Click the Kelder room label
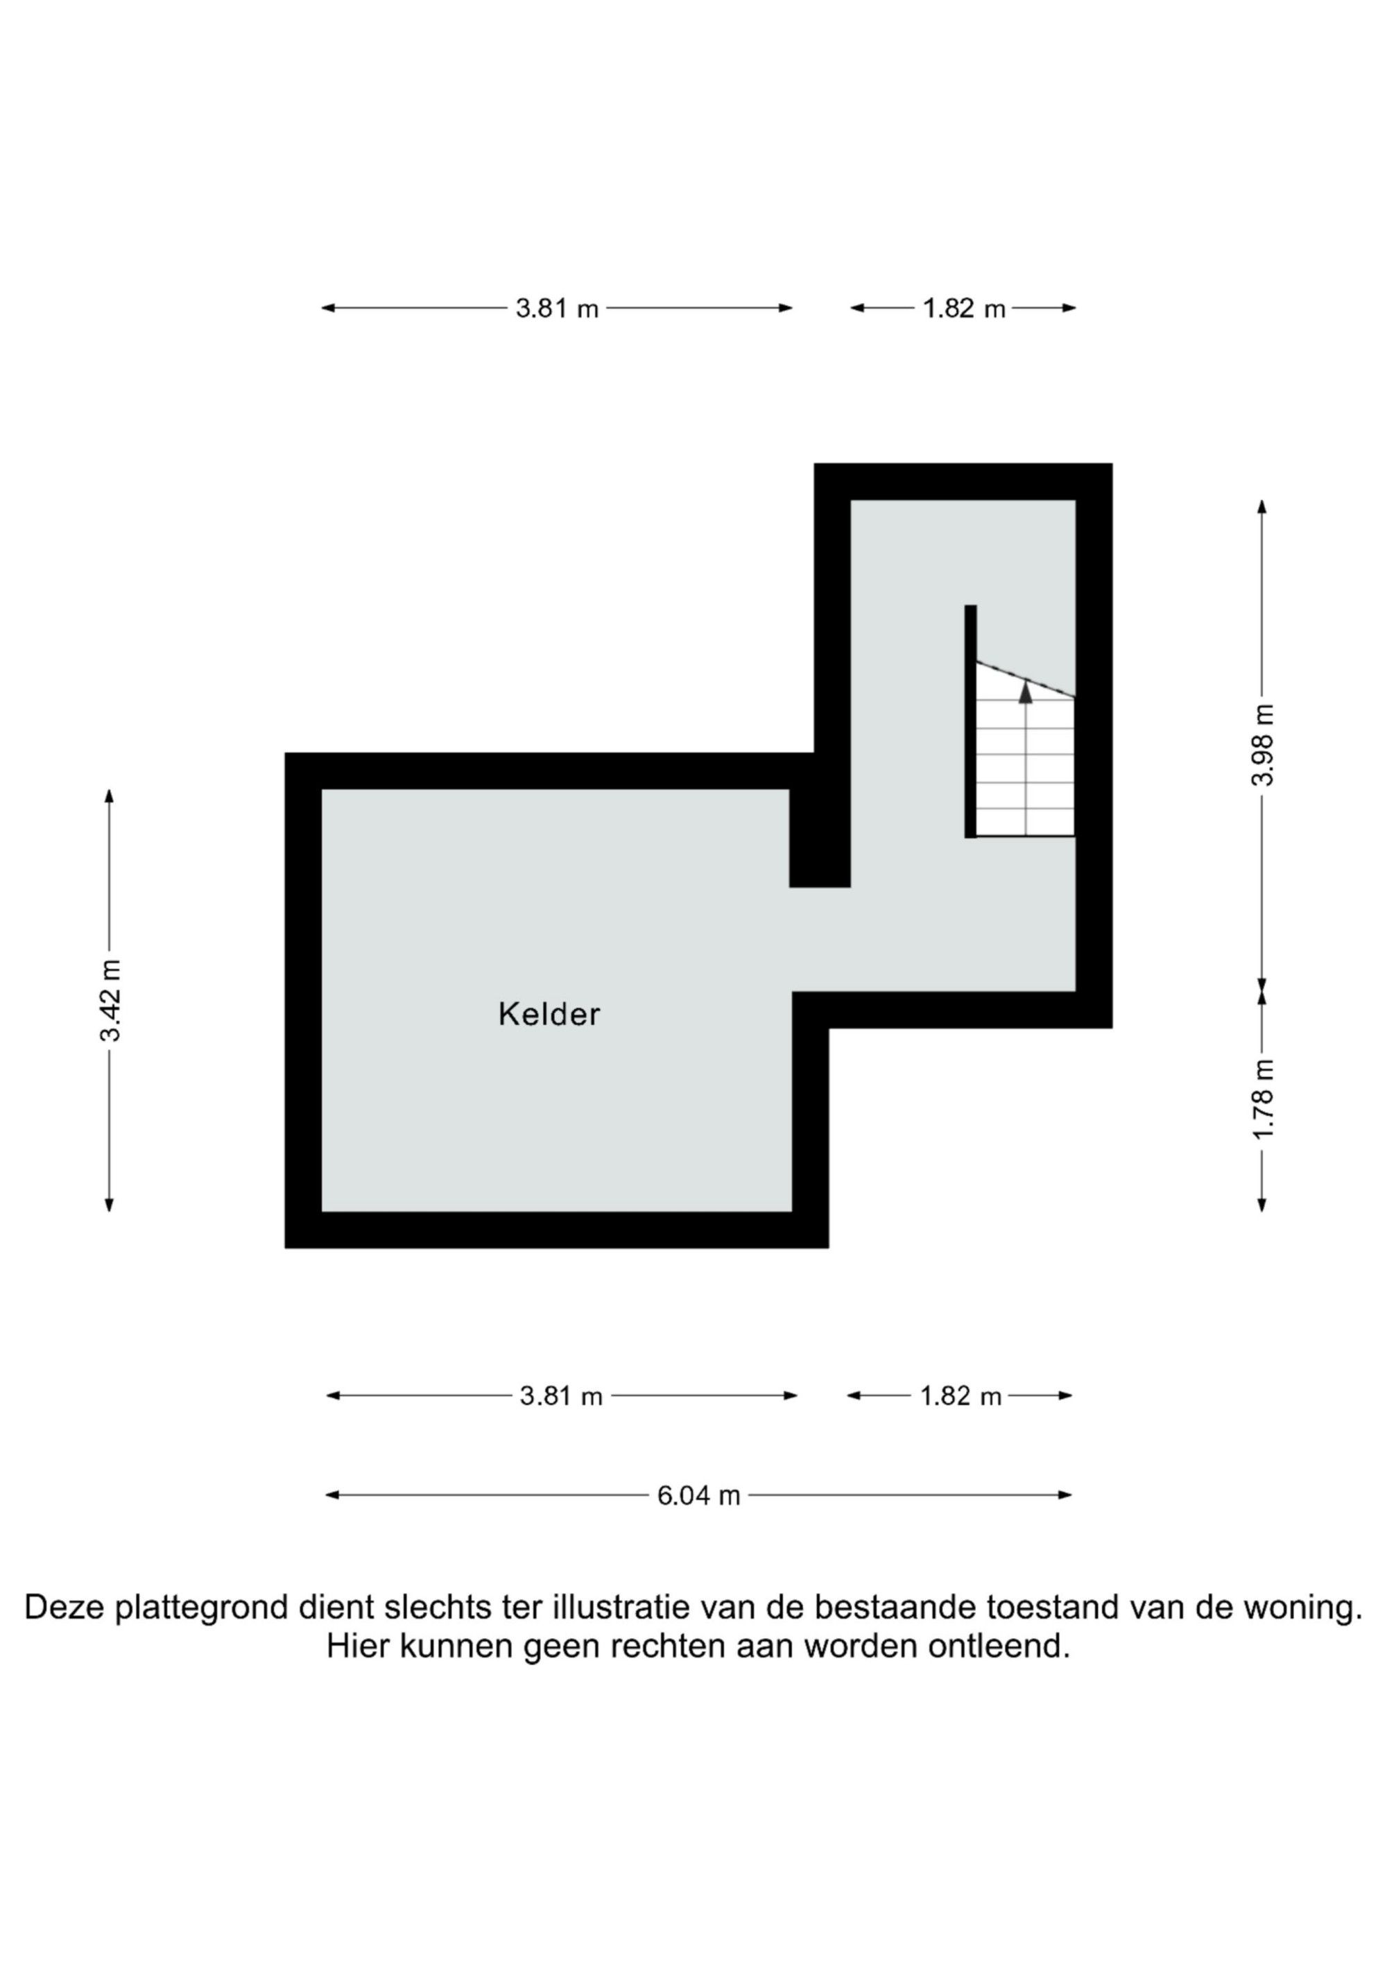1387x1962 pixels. pos(549,1015)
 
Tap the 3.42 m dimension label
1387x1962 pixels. pos(110,1000)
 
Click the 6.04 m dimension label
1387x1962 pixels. pos(698,1495)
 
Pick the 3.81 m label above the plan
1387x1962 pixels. pos(556,308)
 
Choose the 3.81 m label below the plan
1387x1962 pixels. pos(562,1396)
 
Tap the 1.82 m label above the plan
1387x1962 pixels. pos(964,308)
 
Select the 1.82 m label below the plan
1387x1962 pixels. pos(960,1396)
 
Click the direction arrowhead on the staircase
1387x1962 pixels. pos(1026,692)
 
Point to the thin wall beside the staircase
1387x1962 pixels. pos(971,721)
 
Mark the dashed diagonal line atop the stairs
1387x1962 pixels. pos(1026,680)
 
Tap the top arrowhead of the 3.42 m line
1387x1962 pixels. pos(109,795)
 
